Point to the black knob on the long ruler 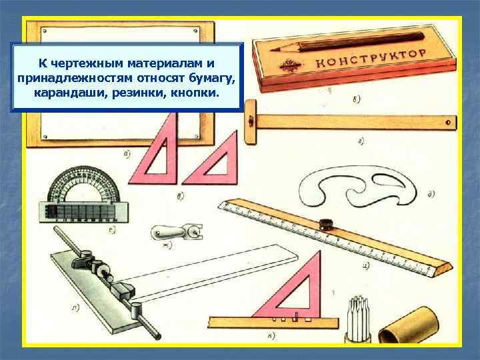(x=327, y=224)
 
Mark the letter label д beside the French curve (x=431, y=195)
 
